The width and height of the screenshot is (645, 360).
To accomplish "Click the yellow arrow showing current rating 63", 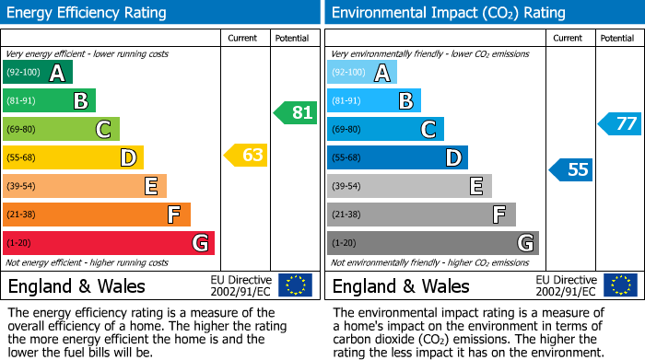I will [246, 155].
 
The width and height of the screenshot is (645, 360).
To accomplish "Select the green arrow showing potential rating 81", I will [296, 113].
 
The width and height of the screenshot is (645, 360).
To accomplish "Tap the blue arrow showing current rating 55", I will [571, 169].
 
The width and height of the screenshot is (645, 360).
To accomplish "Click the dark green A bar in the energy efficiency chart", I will [37, 73].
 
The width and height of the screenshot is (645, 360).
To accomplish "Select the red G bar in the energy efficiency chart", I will [108, 243].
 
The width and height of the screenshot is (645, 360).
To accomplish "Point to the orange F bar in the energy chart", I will [96, 215].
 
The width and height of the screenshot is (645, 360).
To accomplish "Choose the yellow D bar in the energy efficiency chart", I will [73, 157].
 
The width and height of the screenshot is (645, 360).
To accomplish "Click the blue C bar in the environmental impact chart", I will [385, 129].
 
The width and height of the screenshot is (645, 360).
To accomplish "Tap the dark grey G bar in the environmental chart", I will [432, 243].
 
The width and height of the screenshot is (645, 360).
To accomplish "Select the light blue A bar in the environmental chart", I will [361, 73].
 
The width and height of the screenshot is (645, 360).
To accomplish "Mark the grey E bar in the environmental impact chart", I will [409, 186].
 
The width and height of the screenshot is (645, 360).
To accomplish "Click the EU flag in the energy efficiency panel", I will [295, 285].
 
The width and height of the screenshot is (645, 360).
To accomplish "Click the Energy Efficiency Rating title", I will [87, 13].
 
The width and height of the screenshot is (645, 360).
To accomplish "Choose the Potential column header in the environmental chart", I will [616, 39].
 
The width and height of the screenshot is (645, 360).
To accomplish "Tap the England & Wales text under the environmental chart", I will [401, 286].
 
